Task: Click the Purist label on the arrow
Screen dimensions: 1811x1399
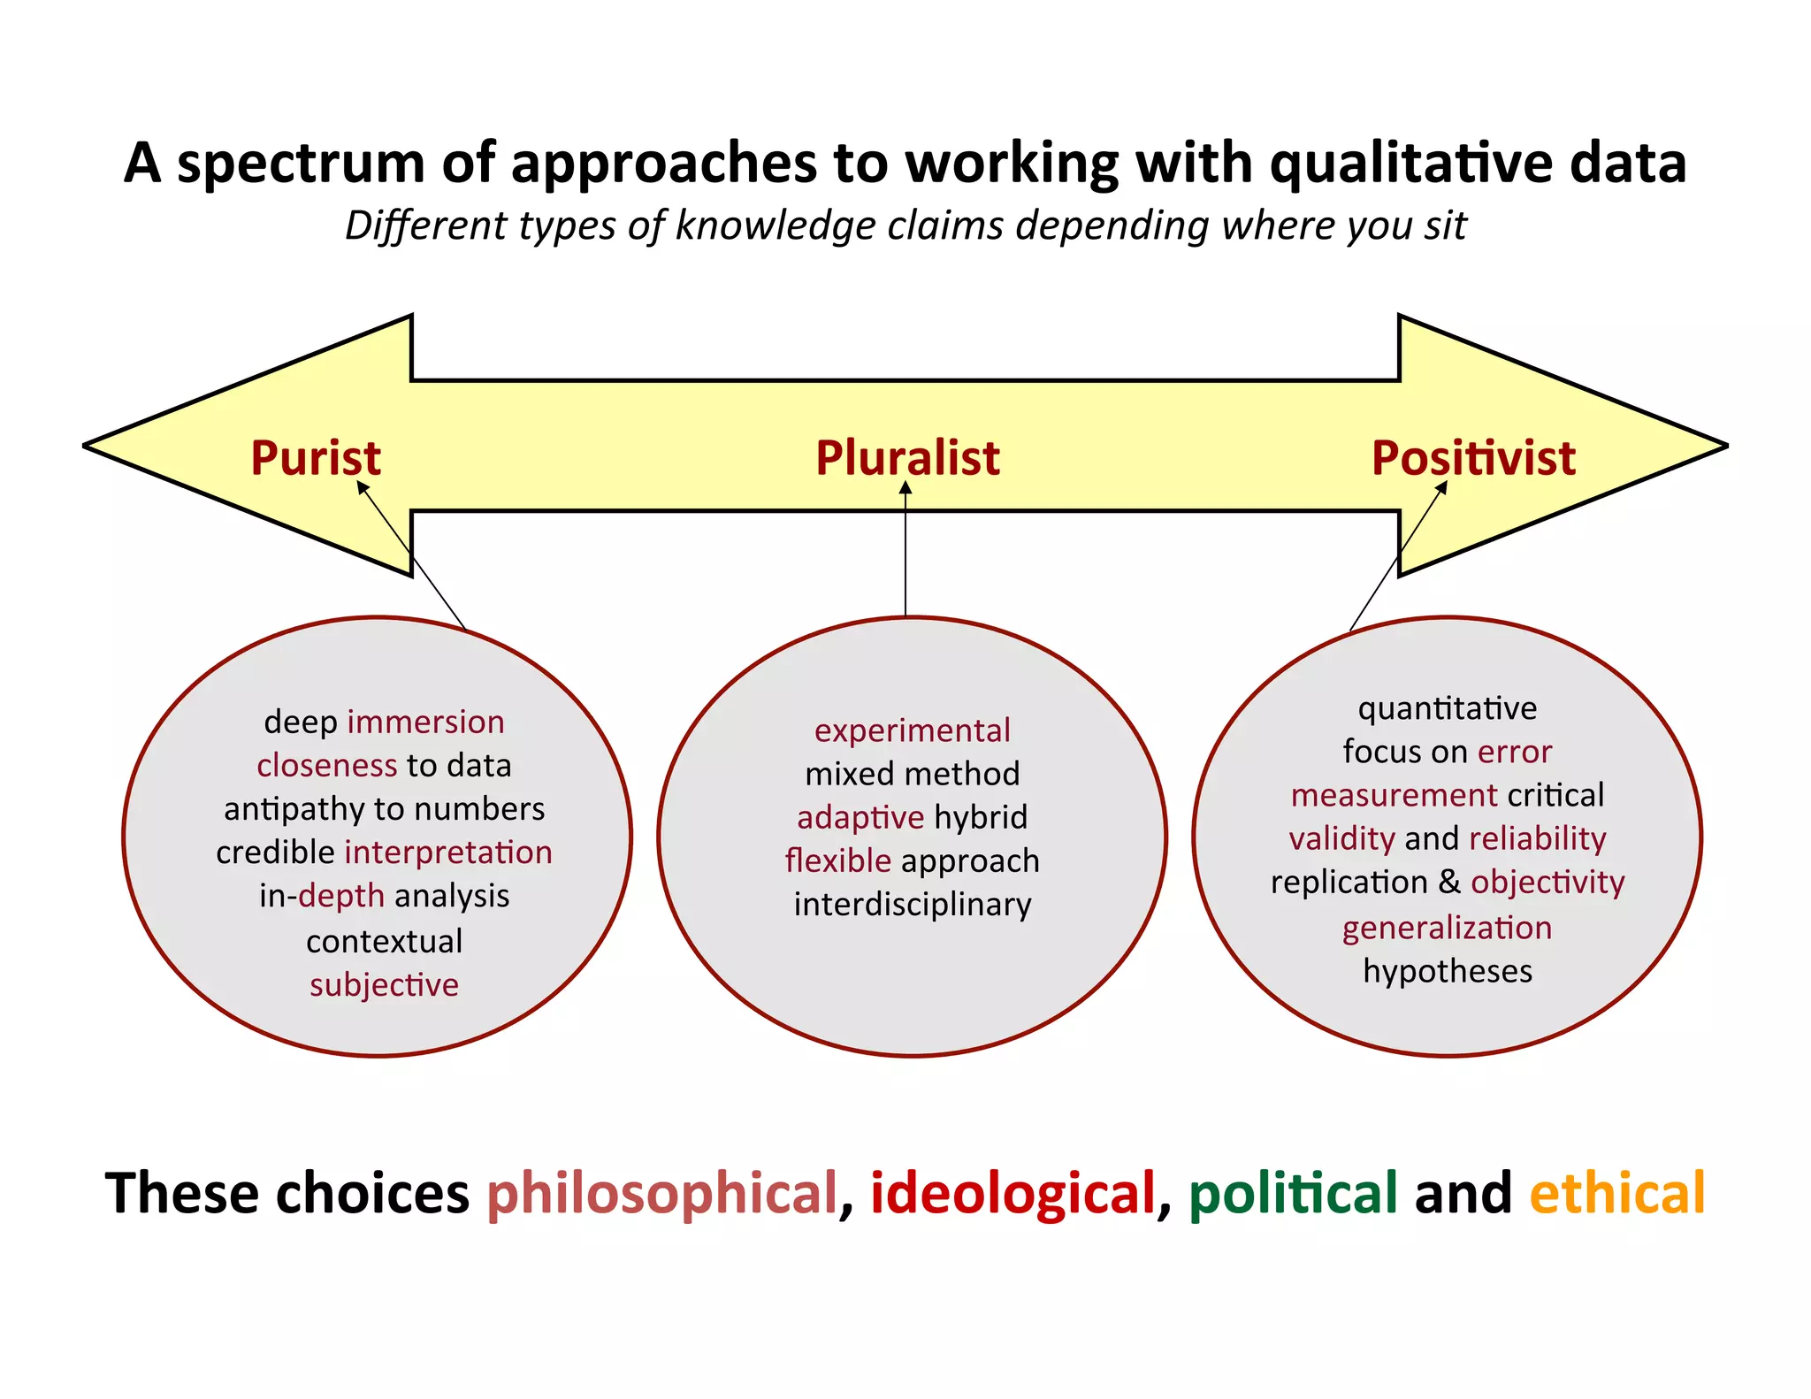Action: (316, 458)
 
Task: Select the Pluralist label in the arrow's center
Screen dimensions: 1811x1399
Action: (907, 458)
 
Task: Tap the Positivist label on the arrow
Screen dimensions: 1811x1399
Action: (1473, 458)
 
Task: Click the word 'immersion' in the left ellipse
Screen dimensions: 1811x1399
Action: (425, 722)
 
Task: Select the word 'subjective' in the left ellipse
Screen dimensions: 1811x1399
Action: (384, 984)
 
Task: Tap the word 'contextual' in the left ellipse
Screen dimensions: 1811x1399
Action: (384, 941)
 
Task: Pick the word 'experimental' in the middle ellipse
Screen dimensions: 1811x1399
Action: (912, 730)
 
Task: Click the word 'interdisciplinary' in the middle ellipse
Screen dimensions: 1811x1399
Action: (912, 905)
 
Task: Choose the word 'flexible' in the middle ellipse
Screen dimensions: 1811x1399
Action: (837, 860)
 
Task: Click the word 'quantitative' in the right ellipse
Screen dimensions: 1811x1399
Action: (1448, 708)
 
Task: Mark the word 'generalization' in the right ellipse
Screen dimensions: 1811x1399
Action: (1447, 928)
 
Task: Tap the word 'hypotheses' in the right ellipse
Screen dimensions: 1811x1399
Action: (1448, 971)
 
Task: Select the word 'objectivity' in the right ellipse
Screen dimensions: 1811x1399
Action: (1547, 883)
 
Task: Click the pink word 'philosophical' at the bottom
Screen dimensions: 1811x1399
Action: (661, 1193)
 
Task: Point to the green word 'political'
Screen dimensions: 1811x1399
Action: (1292, 1193)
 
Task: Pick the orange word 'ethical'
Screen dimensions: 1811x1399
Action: (1616, 1193)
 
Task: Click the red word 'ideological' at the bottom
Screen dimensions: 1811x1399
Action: (1012, 1193)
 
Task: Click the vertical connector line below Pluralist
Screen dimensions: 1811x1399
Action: (905, 557)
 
